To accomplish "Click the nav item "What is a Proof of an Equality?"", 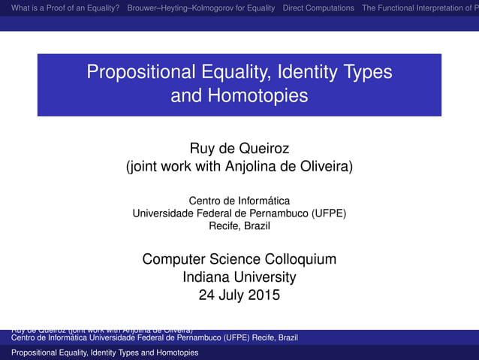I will click(x=61, y=8).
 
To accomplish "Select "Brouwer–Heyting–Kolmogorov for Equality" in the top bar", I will click(x=201, y=8).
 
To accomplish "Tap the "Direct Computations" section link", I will click(x=318, y=8).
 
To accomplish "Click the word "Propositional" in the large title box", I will click(x=143, y=73).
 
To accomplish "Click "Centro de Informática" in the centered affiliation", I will click(x=239, y=201).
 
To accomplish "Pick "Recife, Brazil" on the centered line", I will click(x=239, y=225).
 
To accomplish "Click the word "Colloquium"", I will click(x=295, y=259).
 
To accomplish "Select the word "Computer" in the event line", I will click(x=172, y=259).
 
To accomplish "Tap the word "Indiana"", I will click(x=206, y=277).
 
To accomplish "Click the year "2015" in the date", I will click(x=264, y=295).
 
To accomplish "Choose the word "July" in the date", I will click(x=233, y=295).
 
